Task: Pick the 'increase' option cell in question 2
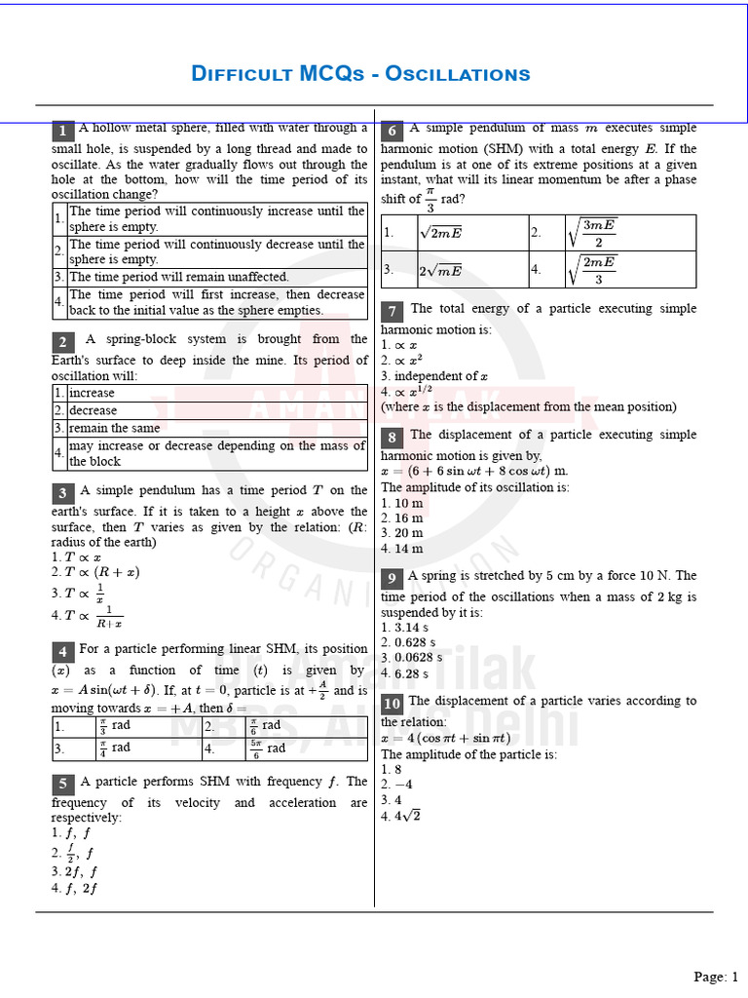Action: point(91,393)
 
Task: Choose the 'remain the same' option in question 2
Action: point(107,428)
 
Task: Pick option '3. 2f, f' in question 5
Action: point(73,871)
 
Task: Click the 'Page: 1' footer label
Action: point(716,977)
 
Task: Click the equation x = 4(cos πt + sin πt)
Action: point(445,738)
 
